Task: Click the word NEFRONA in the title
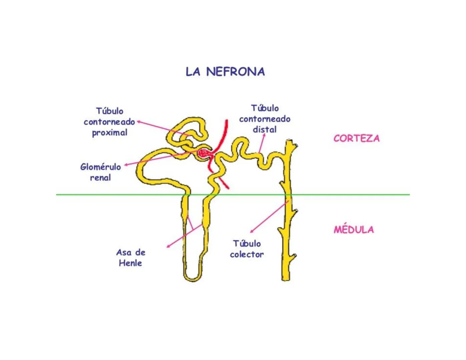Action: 235,72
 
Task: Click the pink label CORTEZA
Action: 356,138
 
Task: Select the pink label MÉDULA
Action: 354,229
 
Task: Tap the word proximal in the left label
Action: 110,133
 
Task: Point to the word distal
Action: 265,129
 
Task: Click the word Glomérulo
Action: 100,167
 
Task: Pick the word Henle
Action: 130,263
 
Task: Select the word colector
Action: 247,254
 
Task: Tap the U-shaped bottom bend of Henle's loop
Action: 192,278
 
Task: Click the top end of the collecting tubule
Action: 289,143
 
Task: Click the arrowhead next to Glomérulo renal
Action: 126,165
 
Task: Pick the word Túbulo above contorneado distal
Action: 265,108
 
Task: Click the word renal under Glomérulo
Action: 100,178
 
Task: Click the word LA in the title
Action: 193,72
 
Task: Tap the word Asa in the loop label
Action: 123,252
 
